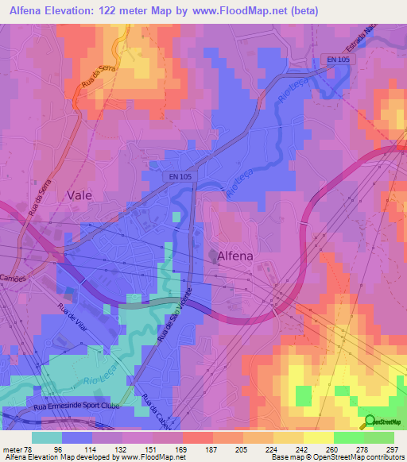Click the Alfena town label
tap(243, 256)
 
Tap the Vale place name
tap(80, 194)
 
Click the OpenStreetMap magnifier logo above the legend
tap(369, 422)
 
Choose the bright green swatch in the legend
tap(349, 437)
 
